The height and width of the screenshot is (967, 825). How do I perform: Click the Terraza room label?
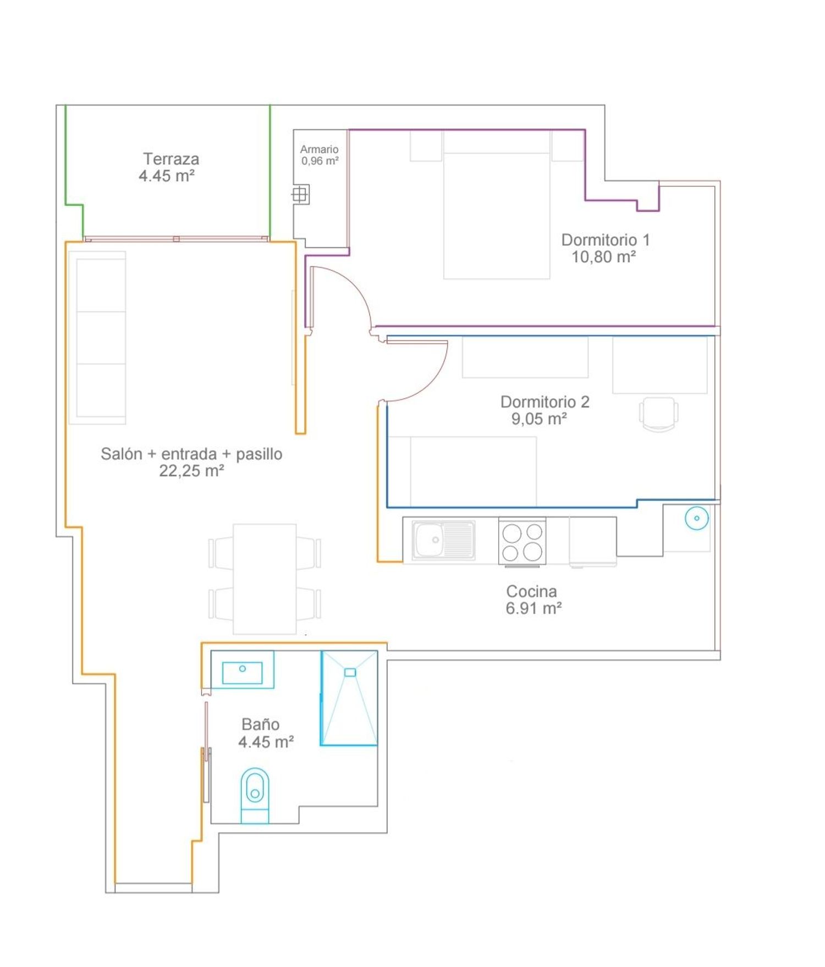171,159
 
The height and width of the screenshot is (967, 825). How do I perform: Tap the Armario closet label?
319,149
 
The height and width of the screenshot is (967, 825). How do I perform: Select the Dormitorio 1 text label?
606,240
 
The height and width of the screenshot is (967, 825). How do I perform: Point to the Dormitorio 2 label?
544,402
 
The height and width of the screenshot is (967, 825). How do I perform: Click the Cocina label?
531,591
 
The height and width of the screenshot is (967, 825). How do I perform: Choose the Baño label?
260,724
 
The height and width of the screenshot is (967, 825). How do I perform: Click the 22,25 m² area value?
191,471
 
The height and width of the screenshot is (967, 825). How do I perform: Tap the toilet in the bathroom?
255,795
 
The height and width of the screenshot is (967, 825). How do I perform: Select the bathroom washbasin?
242,669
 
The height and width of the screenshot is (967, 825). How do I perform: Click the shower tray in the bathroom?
349,698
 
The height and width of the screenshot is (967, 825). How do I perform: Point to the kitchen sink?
443,540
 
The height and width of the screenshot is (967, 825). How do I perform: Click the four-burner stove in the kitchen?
522,541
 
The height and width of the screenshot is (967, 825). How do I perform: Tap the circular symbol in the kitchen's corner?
696,518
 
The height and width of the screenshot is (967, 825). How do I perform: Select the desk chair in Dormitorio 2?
658,414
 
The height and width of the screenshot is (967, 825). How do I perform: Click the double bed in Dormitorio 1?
497,205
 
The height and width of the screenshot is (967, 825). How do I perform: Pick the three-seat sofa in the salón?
97,338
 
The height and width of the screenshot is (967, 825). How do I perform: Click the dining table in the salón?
265,579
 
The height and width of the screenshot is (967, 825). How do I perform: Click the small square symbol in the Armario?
300,194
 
